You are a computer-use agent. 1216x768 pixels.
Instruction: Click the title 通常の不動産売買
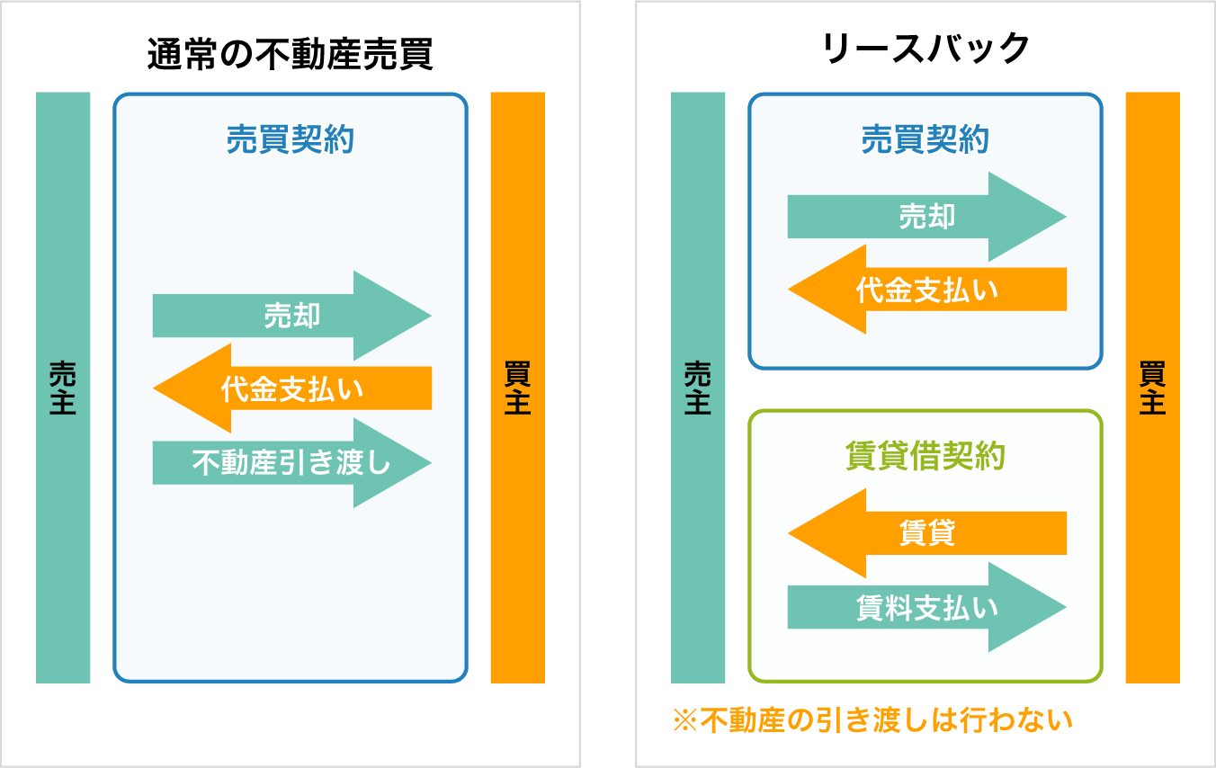coord(290,55)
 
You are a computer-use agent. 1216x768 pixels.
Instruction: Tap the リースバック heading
coord(925,49)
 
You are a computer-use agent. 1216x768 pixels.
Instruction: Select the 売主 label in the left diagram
coord(63,388)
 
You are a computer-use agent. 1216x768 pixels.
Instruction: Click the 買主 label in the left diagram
coord(518,388)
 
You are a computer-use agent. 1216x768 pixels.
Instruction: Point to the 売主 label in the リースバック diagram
coord(698,388)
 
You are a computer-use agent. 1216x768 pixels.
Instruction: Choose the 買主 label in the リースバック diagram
coord(1153,388)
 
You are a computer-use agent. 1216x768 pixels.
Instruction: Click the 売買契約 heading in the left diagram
coord(290,140)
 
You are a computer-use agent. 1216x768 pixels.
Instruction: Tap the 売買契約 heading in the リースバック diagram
coord(925,140)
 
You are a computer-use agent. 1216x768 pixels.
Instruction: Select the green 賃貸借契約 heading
coord(925,457)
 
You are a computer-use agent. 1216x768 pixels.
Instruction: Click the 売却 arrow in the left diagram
coord(292,316)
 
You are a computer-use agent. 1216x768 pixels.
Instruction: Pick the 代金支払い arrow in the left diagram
coord(292,388)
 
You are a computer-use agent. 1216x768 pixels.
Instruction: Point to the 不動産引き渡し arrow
coord(292,463)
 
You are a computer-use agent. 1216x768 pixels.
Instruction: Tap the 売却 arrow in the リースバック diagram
coord(926,217)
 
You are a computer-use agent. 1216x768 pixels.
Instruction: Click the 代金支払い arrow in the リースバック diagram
coord(926,290)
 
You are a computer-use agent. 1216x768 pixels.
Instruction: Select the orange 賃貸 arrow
coord(926,533)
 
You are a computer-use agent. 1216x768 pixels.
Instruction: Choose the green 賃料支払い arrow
coord(926,608)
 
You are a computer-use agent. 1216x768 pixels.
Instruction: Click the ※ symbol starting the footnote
coord(685,721)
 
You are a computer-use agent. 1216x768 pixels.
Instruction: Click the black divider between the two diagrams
coord(608,384)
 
